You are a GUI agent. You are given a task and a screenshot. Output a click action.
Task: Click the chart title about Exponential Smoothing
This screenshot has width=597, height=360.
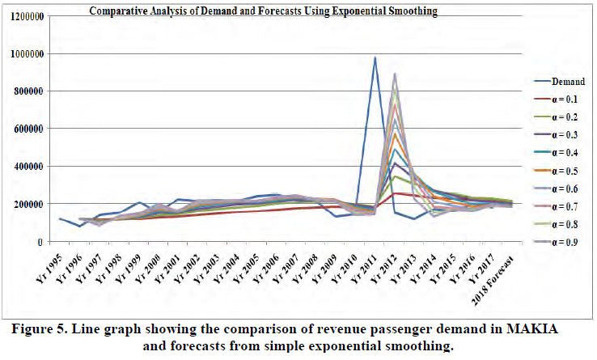275,11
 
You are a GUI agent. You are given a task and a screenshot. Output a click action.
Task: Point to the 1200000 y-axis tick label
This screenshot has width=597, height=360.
24,16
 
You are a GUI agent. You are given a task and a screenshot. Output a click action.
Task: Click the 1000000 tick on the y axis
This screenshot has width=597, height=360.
24,54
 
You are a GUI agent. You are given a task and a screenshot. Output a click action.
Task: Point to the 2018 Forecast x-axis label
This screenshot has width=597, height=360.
493,266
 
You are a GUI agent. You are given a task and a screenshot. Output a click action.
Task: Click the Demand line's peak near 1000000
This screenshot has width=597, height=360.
375,57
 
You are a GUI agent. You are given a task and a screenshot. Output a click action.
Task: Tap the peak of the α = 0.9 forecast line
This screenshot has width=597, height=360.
395,74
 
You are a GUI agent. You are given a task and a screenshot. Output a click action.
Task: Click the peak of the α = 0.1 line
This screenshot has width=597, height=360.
395,193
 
